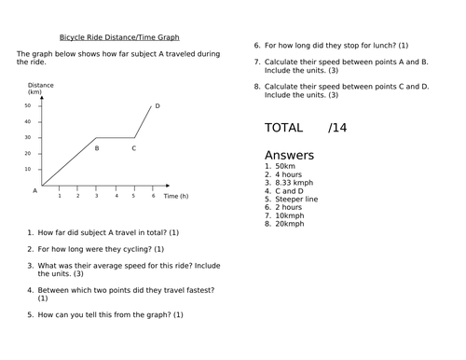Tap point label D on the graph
coord(158,106)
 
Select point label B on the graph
coord(97,147)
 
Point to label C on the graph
coord(133,147)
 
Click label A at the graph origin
coord(35,189)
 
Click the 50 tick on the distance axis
coord(28,106)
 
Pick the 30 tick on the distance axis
coord(28,138)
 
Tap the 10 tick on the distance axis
coord(28,169)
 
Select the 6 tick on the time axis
coord(152,195)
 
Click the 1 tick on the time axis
coord(60,195)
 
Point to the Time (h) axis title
coord(176,197)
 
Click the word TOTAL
coord(283,128)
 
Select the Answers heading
coord(290,155)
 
